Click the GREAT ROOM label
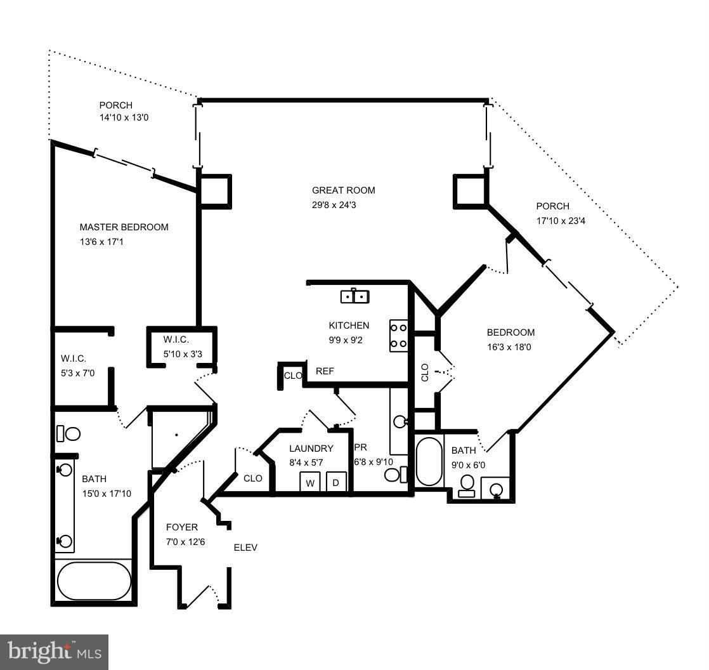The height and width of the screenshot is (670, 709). [343, 190]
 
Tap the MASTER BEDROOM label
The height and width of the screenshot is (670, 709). [124, 227]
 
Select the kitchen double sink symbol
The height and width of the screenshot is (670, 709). [355, 296]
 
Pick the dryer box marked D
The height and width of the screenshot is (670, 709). [336, 482]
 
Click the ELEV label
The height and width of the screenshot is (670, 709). [245, 548]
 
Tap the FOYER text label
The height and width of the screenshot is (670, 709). [181, 527]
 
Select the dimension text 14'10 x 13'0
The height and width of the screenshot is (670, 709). [124, 118]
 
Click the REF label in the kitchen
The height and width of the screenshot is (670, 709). [325, 371]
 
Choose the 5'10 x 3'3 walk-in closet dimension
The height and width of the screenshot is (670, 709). [183, 354]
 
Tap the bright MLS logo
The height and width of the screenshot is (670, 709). [54, 652]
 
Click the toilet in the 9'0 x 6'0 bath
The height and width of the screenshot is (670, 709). [467, 485]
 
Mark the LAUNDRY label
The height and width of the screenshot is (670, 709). [311, 449]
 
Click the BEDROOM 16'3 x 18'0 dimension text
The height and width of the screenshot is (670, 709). [511, 347]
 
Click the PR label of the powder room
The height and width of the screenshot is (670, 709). [360, 447]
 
